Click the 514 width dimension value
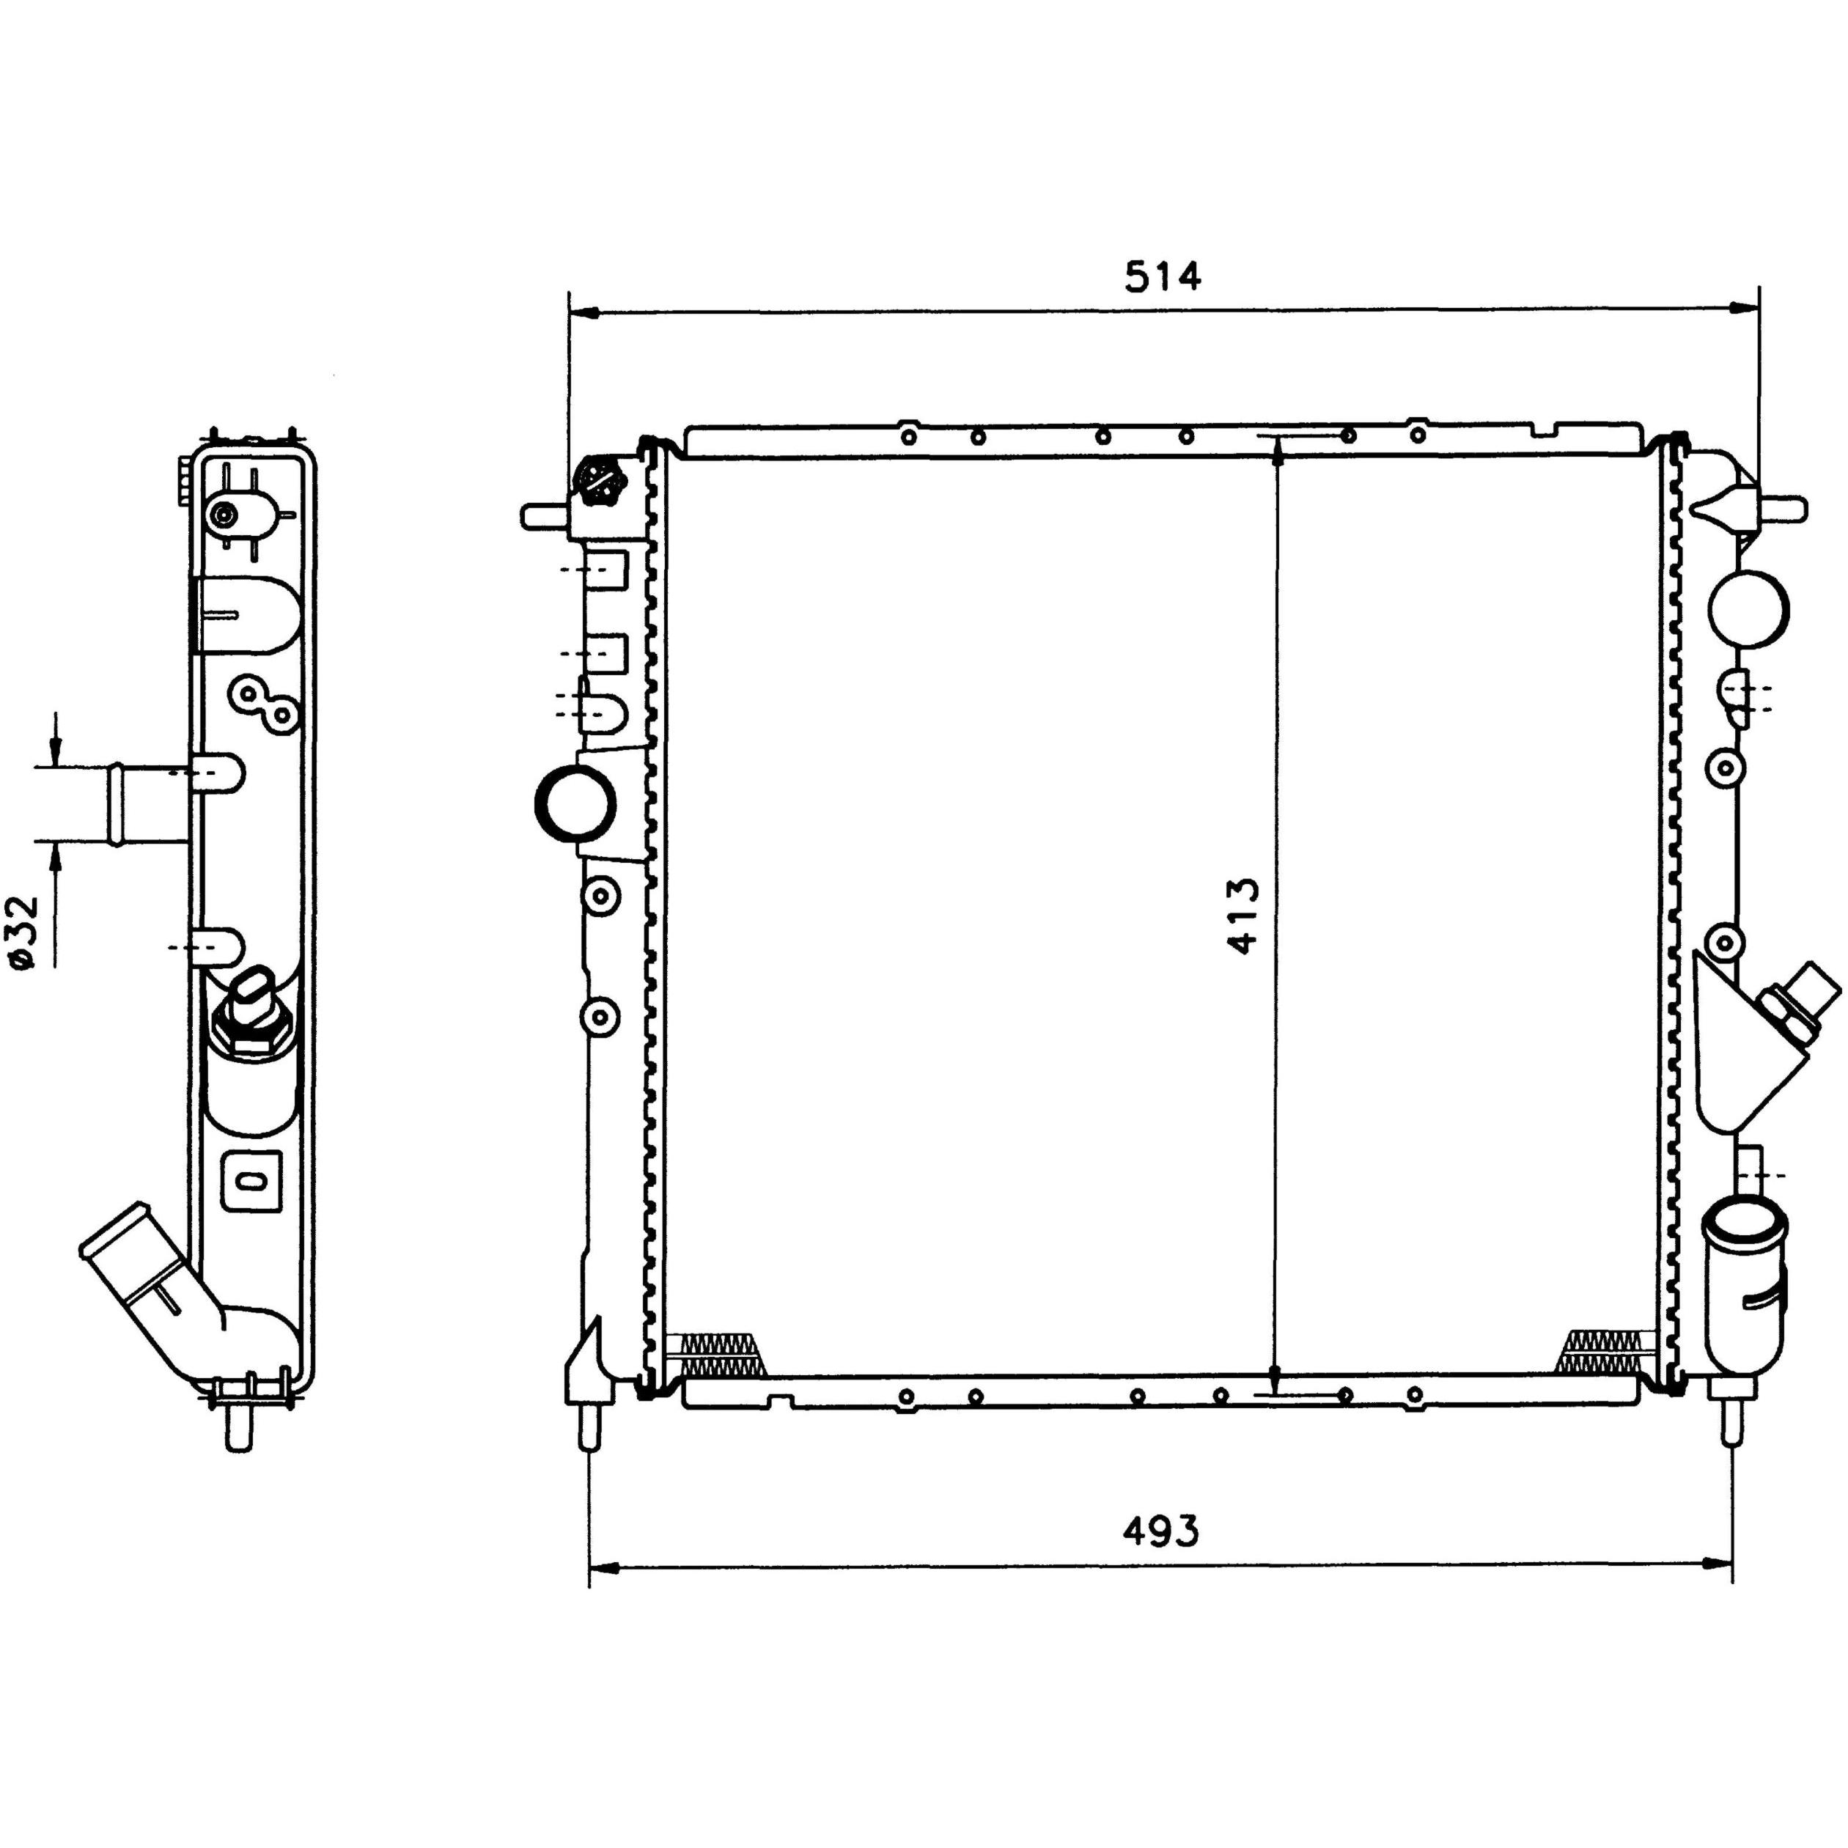[1162, 277]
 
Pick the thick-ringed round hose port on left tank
[575, 803]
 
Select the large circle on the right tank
[1748, 609]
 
